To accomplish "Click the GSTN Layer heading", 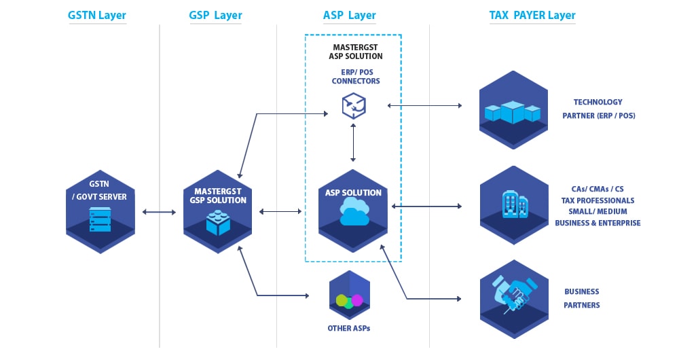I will coord(97,15).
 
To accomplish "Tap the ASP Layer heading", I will coord(350,15).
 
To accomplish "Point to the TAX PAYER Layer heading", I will coord(532,15).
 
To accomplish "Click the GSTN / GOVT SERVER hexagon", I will coord(100,211).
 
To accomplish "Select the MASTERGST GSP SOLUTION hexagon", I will coord(218,211).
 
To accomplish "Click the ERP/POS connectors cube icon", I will coord(353,105).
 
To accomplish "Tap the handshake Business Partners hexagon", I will coord(513,298).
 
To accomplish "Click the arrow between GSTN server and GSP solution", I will coord(159,213).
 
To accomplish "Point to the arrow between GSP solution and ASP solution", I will coord(280,212).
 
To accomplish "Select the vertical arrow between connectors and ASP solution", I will coord(353,143).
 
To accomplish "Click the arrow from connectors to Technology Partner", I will coord(424,105).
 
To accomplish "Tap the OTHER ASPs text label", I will coord(348,328).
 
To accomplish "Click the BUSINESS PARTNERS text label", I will coord(582,298).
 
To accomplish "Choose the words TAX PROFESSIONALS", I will coord(598,200).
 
